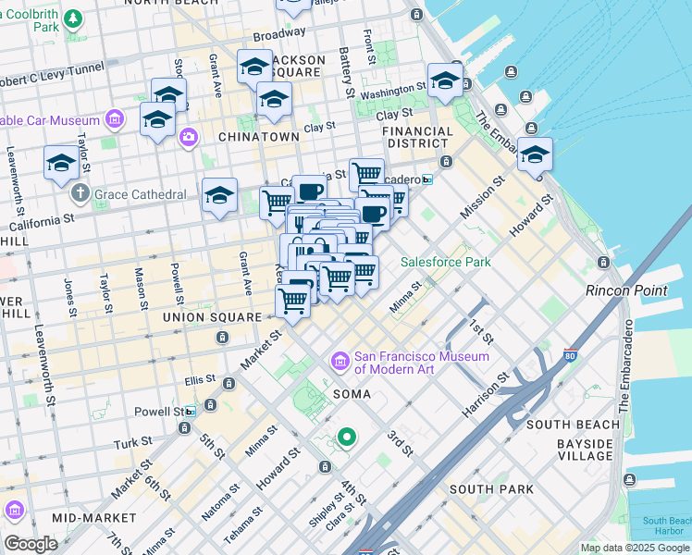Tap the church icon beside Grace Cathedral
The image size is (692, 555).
click(x=80, y=194)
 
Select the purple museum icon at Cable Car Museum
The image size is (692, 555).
click(x=115, y=120)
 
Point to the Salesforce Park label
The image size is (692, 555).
click(x=445, y=262)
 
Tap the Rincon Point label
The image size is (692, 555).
click(x=626, y=290)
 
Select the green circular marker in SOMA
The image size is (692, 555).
click(x=347, y=437)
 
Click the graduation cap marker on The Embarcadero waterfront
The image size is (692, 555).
click(x=535, y=156)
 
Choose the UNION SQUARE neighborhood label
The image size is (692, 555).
click(x=212, y=317)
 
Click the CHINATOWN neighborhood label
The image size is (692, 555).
click(x=258, y=137)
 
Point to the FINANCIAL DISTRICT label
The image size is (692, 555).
click(x=419, y=138)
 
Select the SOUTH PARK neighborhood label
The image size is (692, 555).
click(x=490, y=488)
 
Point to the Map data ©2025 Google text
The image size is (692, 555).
click(x=634, y=548)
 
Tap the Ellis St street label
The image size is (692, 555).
click(x=199, y=380)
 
